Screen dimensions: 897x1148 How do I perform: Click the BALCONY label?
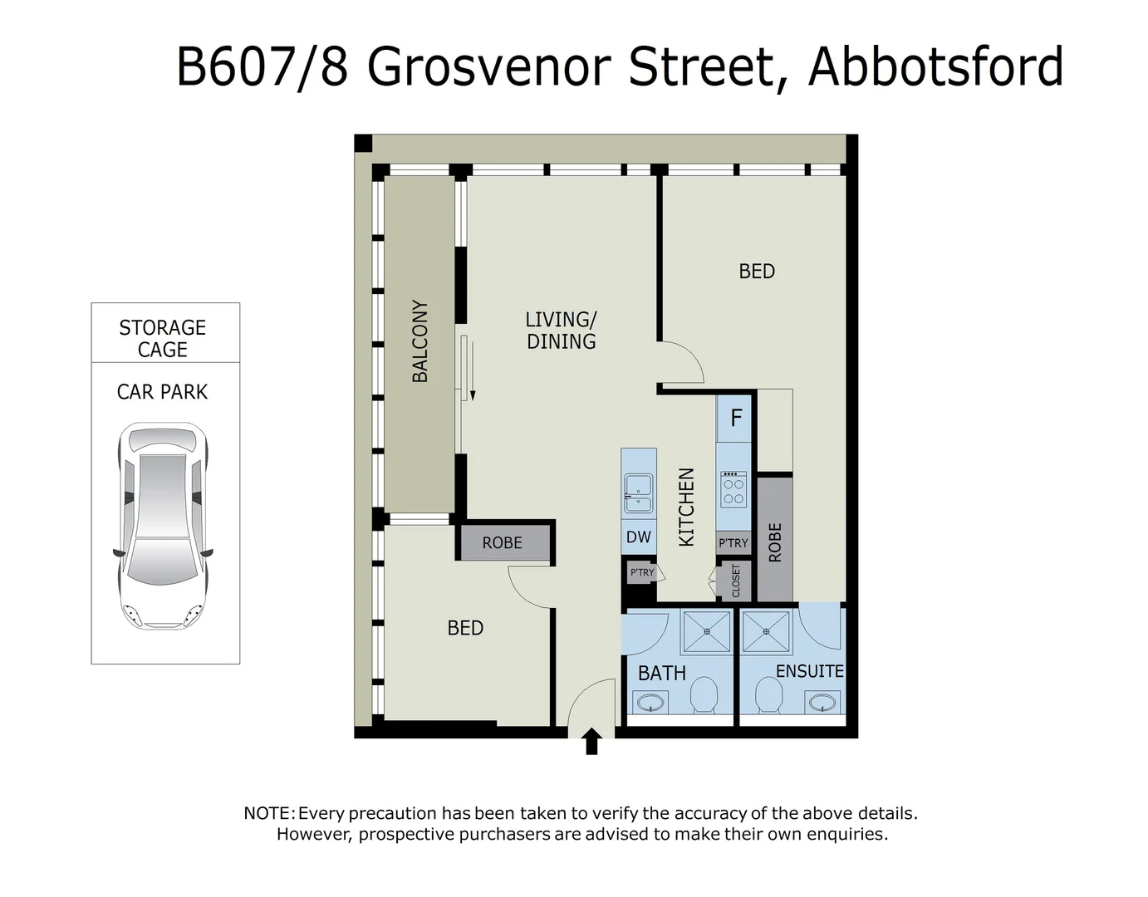[420, 341]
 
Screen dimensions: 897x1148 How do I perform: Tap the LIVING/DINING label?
[561, 330]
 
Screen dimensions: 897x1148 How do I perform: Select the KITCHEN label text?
[686, 507]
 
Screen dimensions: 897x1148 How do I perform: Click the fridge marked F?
[735, 418]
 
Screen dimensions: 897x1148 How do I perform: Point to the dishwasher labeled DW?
[638, 537]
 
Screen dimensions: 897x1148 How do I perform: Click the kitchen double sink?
[638, 493]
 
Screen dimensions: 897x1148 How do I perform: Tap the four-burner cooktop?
[733, 489]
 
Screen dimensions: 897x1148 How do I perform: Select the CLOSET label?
[736, 581]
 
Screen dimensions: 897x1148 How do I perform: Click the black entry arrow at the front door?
[591, 741]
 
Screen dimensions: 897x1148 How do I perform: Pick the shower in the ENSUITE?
[767, 631]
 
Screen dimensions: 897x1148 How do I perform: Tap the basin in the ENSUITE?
[822, 703]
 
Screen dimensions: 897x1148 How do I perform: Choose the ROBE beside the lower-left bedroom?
[503, 542]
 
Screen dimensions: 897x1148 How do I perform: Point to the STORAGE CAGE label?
[163, 338]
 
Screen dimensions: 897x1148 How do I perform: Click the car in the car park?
[163, 526]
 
